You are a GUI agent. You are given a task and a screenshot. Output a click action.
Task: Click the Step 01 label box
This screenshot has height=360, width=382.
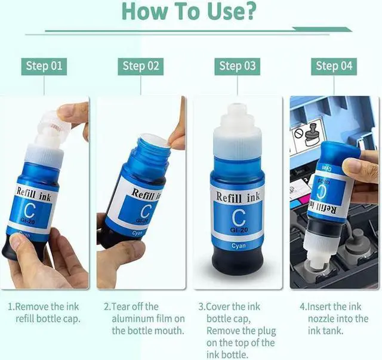(x=44, y=66)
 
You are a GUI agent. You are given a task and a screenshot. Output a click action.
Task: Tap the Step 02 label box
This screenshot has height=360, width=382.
(x=141, y=66)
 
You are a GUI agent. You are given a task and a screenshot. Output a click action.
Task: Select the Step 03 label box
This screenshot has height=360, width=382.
(x=238, y=66)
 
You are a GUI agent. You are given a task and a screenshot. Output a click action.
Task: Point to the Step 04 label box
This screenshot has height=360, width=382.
(x=334, y=66)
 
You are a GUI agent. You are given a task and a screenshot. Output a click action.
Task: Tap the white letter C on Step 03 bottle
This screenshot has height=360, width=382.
(x=238, y=218)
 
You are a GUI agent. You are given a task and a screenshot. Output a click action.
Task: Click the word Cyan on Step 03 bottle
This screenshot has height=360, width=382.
(x=239, y=246)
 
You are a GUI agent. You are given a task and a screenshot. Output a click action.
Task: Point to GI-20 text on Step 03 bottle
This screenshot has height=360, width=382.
(x=239, y=230)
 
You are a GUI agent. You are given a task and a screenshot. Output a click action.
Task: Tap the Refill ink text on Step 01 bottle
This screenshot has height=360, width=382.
(x=33, y=194)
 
